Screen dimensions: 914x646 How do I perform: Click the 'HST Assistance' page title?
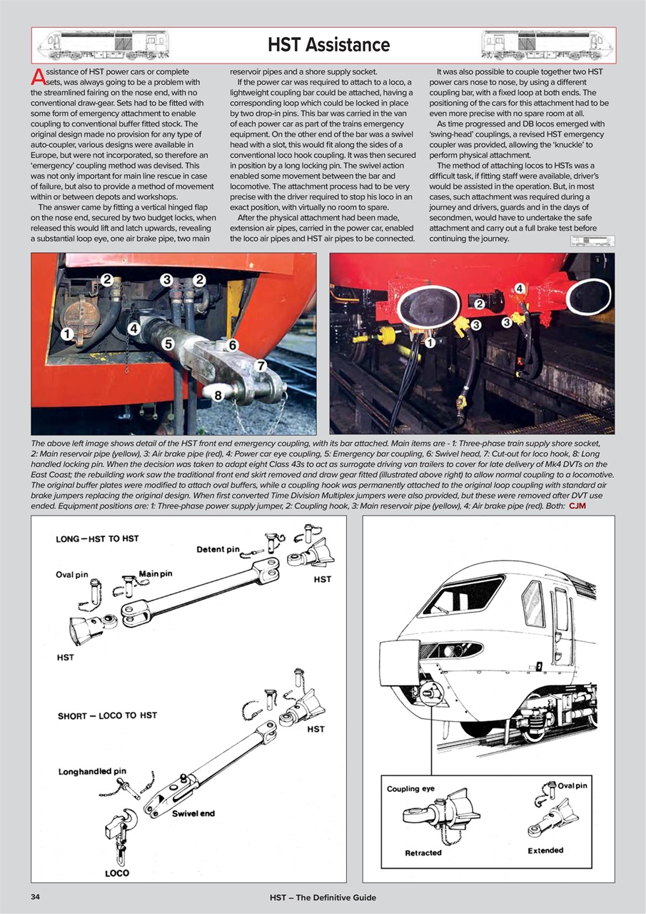328,45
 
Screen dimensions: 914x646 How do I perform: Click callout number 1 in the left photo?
66,333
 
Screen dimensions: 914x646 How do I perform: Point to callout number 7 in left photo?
261,366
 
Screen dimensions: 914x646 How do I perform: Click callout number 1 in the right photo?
430,343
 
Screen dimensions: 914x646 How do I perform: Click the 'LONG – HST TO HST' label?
97,538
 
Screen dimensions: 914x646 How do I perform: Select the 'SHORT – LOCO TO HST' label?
107,715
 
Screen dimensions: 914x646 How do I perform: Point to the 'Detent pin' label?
218,549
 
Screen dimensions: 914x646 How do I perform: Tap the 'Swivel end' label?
193,813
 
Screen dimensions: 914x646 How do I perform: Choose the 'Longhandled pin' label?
92,771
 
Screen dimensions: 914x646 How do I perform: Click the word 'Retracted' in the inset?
423,853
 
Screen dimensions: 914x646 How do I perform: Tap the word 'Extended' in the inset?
545,850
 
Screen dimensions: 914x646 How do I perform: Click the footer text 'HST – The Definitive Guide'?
323,897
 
